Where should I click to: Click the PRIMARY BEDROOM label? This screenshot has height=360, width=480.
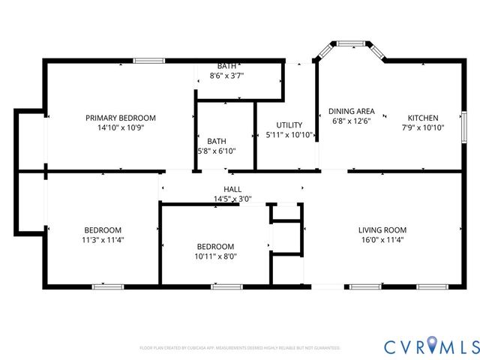(x=120, y=118)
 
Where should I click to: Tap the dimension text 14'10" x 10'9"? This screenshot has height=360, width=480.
(x=120, y=127)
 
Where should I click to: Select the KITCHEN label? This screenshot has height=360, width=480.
(x=422, y=118)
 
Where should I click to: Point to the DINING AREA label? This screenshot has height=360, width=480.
(x=351, y=111)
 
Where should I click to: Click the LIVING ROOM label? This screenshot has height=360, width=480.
(x=382, y=230)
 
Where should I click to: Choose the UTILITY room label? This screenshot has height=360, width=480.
(x=289, y=125)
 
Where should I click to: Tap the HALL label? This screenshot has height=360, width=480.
(x=232, y=190)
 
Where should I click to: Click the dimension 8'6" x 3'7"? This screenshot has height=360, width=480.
(x=226, y=76)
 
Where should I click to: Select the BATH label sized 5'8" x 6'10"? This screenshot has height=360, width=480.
(x=217, y=141)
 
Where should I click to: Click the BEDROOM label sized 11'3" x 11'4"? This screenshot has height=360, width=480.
(x=103, y=230)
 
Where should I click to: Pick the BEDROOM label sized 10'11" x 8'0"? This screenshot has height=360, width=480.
(x=215, y=246)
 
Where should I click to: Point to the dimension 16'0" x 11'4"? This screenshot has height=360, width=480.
(x=382, y=240)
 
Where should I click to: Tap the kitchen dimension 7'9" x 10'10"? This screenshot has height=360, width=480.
(x=422, y=127)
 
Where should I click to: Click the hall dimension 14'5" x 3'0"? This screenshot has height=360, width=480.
(x=232, y=199)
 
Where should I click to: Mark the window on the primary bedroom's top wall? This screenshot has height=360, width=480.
(x=148, y=60)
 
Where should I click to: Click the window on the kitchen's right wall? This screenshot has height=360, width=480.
(x=464, y=122)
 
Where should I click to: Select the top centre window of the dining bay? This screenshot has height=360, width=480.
(x=350, y=43)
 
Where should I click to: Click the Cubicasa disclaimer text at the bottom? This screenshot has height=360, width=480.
(x=240, y=348)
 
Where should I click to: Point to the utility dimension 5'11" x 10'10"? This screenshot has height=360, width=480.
(x=289, y=135)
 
